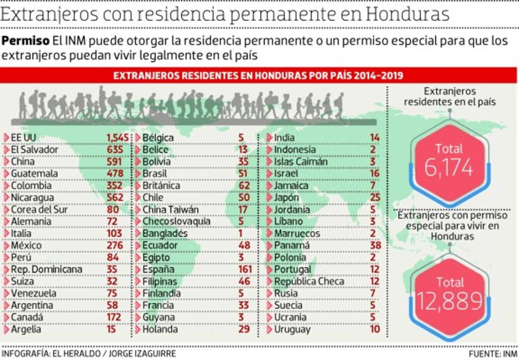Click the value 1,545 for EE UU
pos(118,138)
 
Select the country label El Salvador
pos(34,150)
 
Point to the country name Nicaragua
pos(32,198)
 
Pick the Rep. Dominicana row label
pos(46,269)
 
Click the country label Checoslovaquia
pos(176,221)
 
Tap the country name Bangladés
pos(165,233)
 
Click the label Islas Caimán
pos(301,162)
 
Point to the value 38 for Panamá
pos(375,245)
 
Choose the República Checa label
pos(309,281)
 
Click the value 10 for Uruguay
pos(375,329)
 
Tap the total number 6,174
pos(449,168)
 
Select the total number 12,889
pos(449,301)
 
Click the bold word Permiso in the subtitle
pos(26,41)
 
